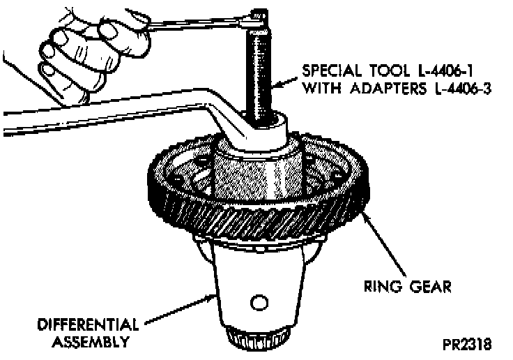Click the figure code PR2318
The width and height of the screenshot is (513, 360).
pyautogui.click(x=466, y=344)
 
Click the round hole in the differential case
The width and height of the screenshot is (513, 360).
pyautogui.click(x=259, y=303)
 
